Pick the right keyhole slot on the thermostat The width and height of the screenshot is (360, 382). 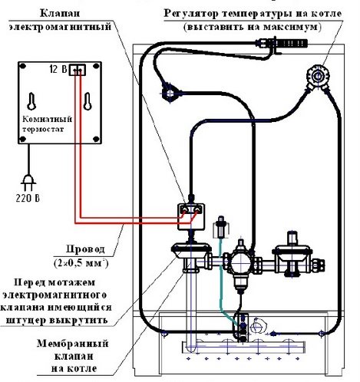[86, 100]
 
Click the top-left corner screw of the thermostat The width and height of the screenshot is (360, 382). [21, 65]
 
